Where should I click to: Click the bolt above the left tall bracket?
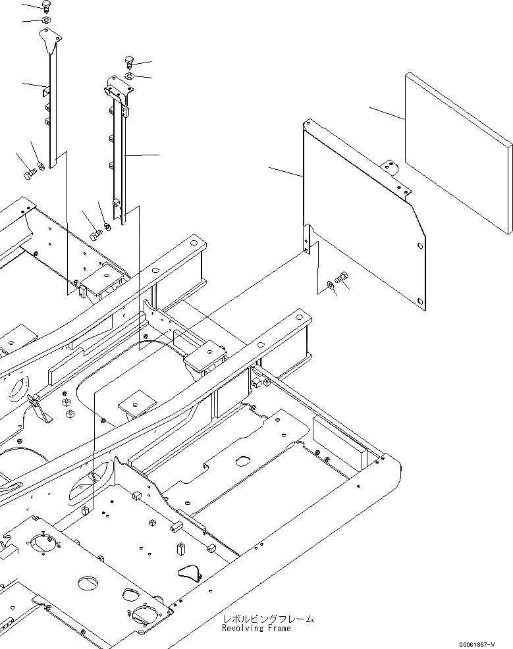(46, 7)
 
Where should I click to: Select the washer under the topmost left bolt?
(46, 21)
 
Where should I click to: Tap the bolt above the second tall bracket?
(129, 63)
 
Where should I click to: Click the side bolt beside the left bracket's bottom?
(28, 174)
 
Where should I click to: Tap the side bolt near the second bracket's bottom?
(95, 234)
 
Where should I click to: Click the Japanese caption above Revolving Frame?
(268, 619)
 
